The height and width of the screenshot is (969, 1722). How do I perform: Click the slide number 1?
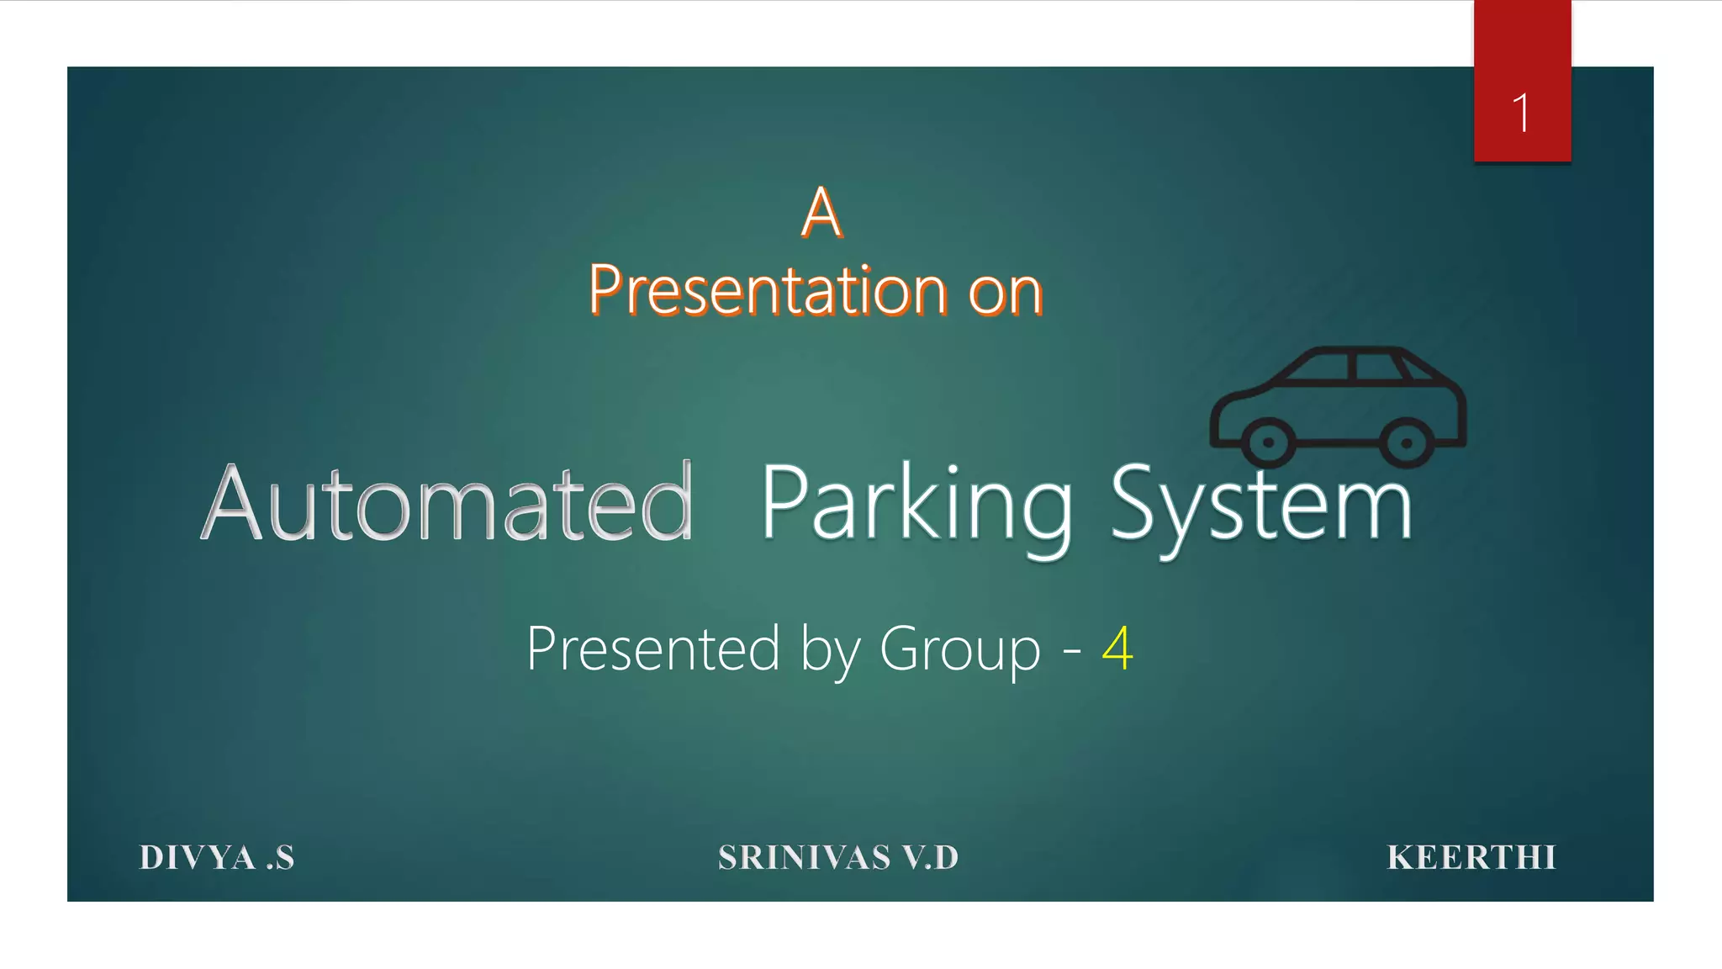(1520, 113)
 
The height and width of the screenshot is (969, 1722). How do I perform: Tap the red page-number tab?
(1522, 50)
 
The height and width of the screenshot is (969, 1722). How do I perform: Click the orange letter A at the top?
(821, 212)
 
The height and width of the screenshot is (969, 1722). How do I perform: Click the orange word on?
(1006, 293)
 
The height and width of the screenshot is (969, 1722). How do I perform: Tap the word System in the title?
(1261, 505)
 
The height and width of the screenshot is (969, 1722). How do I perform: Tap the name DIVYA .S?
(217, 858)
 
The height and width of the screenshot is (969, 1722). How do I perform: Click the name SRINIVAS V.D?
(838, 858)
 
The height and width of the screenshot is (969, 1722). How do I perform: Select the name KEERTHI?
(1471, 858)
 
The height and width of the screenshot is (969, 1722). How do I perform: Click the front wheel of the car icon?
(1267, 442)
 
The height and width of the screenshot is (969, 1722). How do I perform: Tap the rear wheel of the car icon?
(1406, 442)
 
